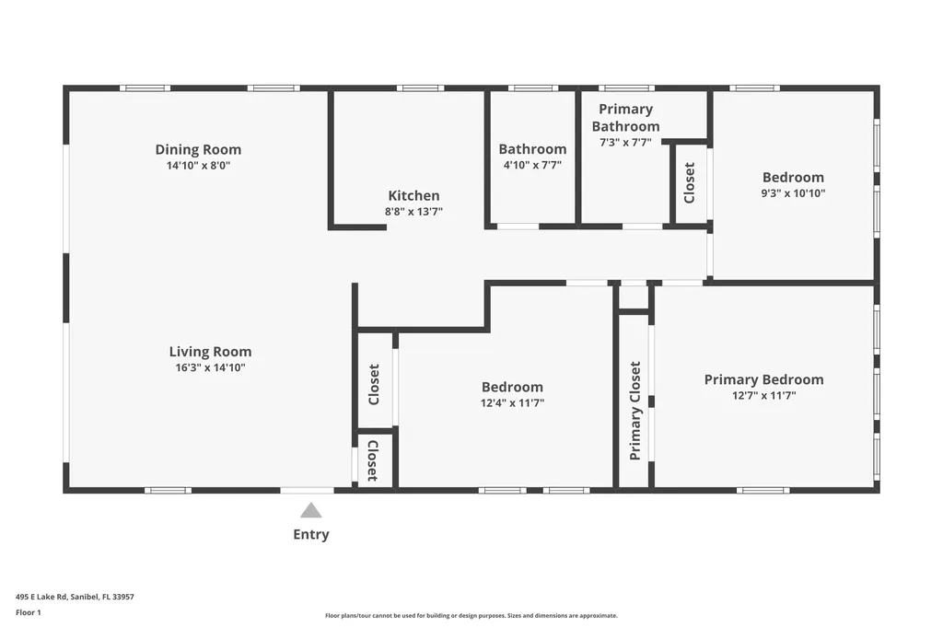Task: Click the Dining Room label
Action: click(198, 149)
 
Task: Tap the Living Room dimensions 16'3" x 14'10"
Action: click(210, 367)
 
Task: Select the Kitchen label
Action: click(413, 195)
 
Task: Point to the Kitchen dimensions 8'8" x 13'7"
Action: click(413, 211)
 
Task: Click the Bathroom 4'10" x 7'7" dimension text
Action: click(532, 165)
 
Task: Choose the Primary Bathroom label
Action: click(625, 118)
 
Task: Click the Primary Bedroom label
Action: click(763, 379)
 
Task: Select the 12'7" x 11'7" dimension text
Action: click(763, 395)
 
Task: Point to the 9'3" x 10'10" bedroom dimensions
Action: click(793, 193)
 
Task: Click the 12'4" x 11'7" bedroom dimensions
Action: click(512, 402)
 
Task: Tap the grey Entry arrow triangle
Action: click(311, 510)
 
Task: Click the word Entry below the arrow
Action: click(311, 534)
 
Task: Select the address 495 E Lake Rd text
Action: click(75, 597)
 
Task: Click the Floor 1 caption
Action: click(29, 612)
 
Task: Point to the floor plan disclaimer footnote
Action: click(471, 615)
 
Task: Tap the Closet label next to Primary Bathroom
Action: click(689, 182)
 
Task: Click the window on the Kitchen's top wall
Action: click(420, 88)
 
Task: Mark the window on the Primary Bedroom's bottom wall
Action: click(763, 490)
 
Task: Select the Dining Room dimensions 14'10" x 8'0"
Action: click(198, 166)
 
